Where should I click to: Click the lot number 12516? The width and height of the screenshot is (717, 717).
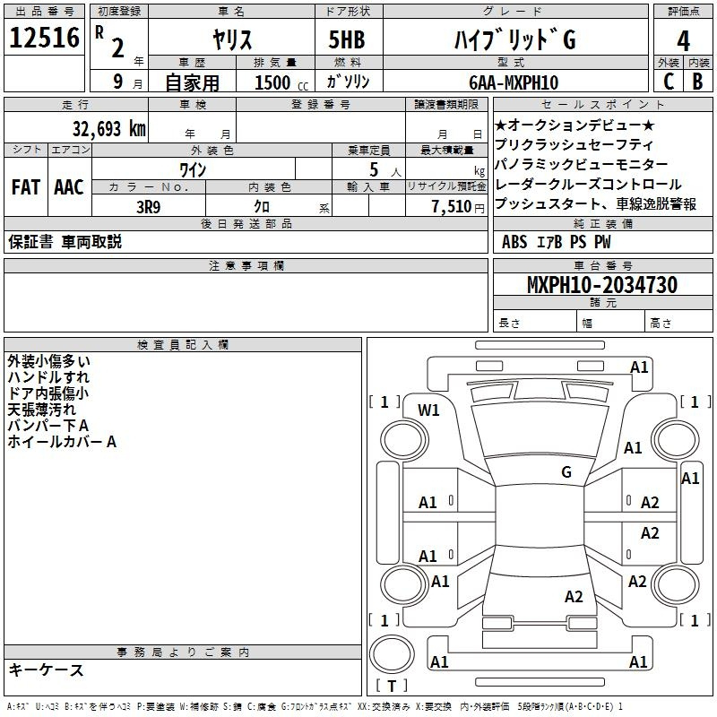pyautogui.click(x=44, y=38)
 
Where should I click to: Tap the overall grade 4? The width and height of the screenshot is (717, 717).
pyautogui.click(x=683, y=41)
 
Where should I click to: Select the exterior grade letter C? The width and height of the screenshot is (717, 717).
pyautogui.click(x=669, y=82)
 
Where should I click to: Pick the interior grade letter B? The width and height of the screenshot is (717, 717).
pyautogui.click(x=697, y=82)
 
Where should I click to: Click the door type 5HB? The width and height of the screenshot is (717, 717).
pyautogui.click(x=347, y=39)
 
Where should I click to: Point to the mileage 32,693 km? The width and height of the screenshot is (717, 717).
pyautogui.click(x=108, y=129)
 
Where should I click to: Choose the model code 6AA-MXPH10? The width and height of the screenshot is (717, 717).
pyautogui.click(x=514, y=82)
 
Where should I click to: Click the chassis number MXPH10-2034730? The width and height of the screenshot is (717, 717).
pyautogui.click(x=602, y=285)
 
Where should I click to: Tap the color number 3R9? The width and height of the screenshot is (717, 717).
pyautogui.click(x=148, y=208)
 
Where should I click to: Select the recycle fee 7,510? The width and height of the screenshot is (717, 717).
pyautogui.click(x=452, y=207)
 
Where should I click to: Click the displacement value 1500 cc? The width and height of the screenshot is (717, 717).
pyautogui.click(x=281, y=82)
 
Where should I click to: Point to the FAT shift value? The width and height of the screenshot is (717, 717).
pyautogui.click(x=26, y=187)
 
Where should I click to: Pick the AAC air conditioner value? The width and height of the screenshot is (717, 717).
pyautogui.click(x=69, y=187)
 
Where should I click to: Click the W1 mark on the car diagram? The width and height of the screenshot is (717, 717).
pyautogui.click(x=428, y=410)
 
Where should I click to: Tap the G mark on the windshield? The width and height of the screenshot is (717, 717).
pyautogui.click(x=566, y=472)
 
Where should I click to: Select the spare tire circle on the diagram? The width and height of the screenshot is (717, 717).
pyautogui.click(x=392, y=654)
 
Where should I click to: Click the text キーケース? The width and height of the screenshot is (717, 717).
pyautogui.click(x=47, y=670)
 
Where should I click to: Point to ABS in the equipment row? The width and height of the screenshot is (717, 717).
pyautogui.click(x=514, y=242)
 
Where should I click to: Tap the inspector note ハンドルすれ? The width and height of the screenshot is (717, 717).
pyautogui.click(x=48, y=377)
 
